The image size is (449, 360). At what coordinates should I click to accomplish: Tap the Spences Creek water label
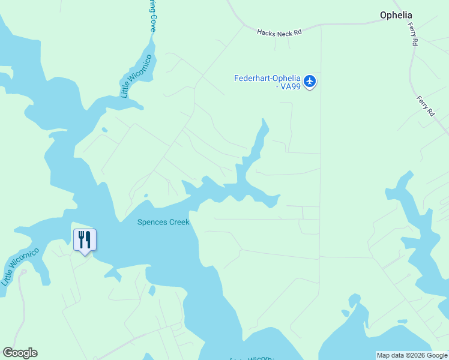coord(163,222)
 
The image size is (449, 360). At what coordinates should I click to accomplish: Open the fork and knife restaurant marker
coord(85,240)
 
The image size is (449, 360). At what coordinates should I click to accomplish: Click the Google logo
coord(20,353)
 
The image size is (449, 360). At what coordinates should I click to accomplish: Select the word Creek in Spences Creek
coord(178,222)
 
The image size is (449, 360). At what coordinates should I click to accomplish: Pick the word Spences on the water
coord(151,222)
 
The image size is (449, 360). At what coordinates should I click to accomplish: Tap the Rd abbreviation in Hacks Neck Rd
coord(297,34)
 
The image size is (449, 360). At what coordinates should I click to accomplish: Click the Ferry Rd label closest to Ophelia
coord(414,37)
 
